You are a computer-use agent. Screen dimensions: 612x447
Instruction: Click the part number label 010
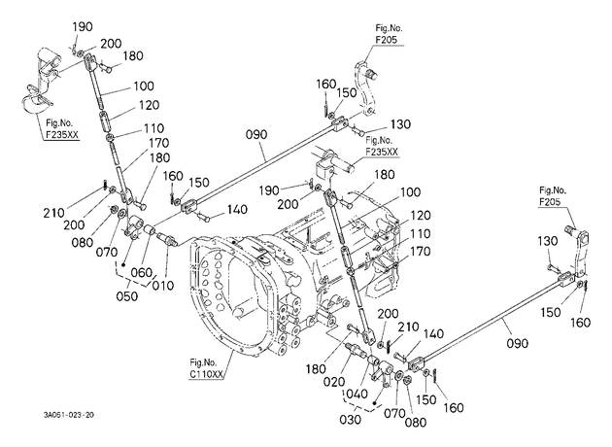[163, 286]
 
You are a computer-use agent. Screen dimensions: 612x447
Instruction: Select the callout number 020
[334, 382]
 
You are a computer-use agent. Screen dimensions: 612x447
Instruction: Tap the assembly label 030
[350, 420]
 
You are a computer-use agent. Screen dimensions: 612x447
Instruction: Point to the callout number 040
[357, 394]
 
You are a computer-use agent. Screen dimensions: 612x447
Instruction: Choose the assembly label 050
[127, 296]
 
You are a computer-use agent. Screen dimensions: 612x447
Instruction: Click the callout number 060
[141, 272]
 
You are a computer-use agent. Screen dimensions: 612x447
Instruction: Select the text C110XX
[207, 374]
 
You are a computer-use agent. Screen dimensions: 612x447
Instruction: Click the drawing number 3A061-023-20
[69, 415]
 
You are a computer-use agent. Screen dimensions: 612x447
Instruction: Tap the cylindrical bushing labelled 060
[150, 231]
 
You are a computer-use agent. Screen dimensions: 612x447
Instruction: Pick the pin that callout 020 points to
[355, 350]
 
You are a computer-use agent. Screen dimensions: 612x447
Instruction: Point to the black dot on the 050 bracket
[123, 265]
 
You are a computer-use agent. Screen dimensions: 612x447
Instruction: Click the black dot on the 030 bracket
[375, 402]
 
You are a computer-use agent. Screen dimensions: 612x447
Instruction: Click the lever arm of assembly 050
[133, 225]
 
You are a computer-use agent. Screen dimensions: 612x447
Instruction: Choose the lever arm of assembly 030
[384, 373]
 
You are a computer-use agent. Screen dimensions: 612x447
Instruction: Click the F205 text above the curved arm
[387, 40]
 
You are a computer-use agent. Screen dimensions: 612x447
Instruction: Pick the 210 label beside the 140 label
[408, 327]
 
